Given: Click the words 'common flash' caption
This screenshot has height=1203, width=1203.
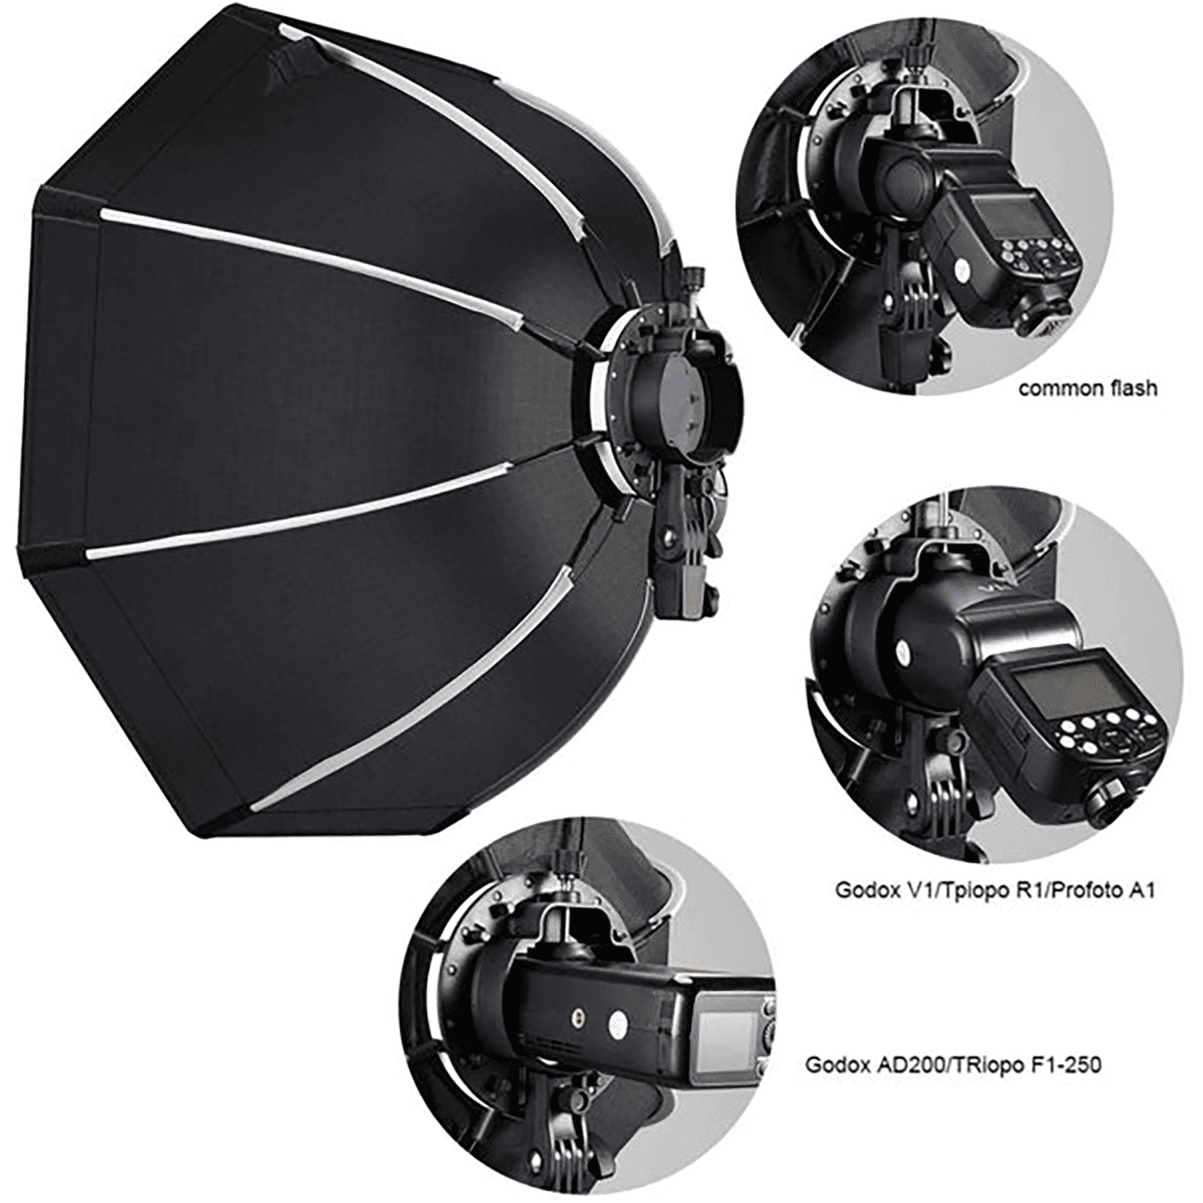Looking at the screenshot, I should click(1087, 389).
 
